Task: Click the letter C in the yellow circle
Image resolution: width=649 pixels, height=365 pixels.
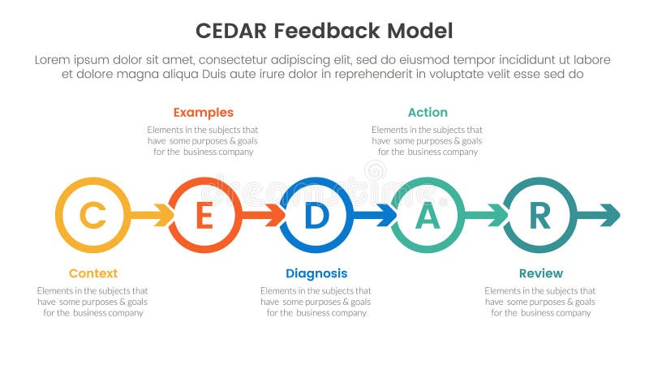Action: (x=93, y=216)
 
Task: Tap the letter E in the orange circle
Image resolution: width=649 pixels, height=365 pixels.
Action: (x=204, y=216)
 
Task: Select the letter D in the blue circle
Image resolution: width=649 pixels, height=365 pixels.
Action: (x=316, y=216)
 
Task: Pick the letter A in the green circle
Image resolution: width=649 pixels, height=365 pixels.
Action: (x=428, y=216)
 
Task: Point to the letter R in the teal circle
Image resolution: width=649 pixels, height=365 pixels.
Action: (x=539, y=216)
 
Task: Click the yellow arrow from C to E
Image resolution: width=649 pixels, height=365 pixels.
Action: (x=153, y=216)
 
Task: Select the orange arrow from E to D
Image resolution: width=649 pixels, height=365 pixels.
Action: (x=264, y=216)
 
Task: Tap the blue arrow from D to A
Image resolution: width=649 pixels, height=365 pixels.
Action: (x=376, y=216)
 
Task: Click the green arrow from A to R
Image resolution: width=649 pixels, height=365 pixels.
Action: (x=487, y=216)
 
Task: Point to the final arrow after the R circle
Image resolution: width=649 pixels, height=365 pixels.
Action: (x=600, y=216)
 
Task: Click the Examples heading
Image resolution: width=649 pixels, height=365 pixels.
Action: (x=203, y=113)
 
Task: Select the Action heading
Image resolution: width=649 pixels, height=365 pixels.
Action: (x=428, y=113)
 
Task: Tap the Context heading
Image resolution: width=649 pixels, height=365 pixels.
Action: (x=92, y=273)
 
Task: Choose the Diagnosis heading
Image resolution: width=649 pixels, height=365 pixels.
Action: (x=316, y=273)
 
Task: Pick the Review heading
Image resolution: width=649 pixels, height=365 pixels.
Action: (x=540, y=273)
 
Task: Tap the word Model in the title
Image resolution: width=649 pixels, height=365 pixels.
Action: (x=420, y=31)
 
